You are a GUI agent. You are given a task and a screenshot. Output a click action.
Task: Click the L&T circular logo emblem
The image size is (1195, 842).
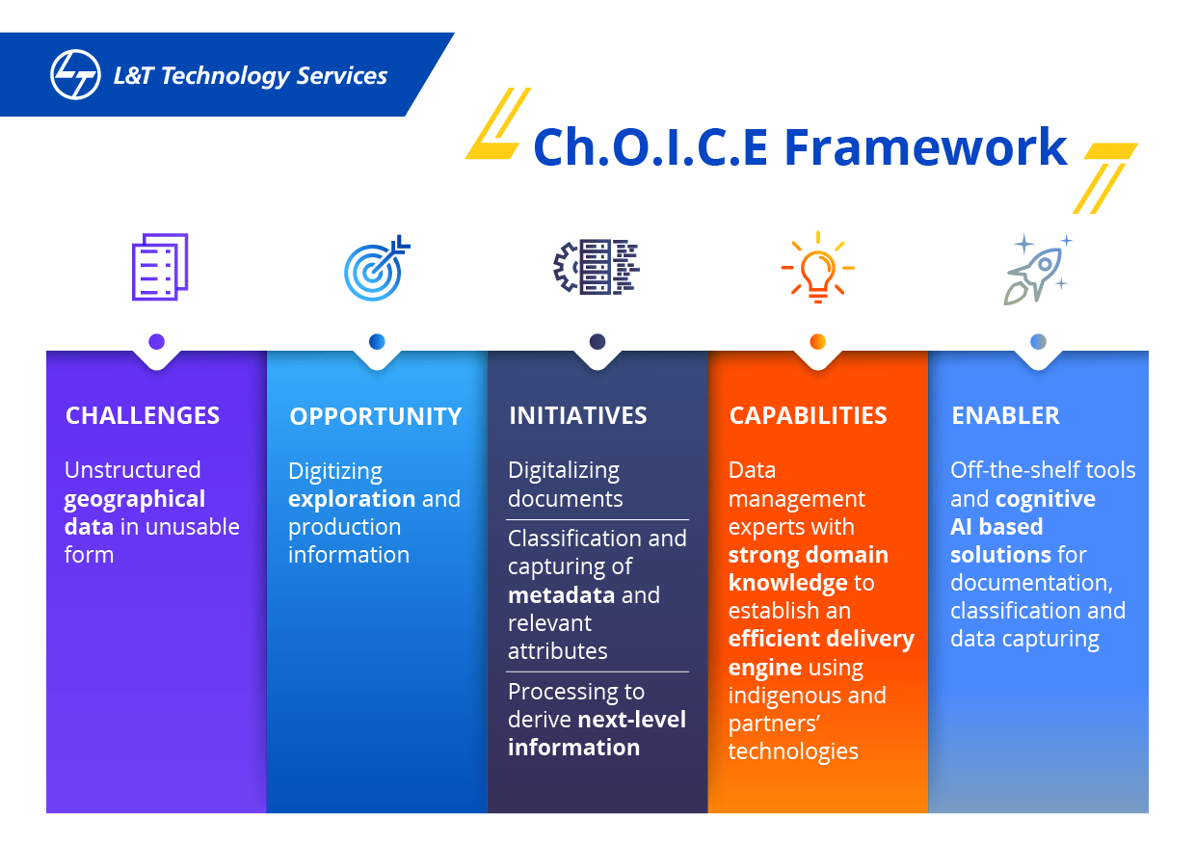pos(75,75)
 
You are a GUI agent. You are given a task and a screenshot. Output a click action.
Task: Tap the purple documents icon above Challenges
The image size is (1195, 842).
pos(159,267)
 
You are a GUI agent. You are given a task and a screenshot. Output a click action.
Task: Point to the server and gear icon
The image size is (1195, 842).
pos(597,267)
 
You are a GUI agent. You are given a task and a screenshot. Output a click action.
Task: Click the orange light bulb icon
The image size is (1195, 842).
pos(817,267)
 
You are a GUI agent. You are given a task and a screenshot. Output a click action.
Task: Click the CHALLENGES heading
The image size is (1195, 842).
pos(143,416)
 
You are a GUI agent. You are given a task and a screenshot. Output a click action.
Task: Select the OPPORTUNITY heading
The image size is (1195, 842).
pos(376,417)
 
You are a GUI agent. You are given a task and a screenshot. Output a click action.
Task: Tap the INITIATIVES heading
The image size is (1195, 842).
pos(578,416)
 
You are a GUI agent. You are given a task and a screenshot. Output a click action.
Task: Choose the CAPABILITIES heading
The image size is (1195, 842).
pos(808,416)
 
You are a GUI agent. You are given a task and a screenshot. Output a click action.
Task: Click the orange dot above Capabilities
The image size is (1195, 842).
pos(818,341)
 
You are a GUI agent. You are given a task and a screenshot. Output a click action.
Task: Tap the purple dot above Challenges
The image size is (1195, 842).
pos(157,341)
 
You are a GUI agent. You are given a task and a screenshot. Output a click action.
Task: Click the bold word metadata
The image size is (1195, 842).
pos(561,595)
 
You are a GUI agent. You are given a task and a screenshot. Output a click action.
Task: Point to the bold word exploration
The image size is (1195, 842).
pos(352,499)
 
